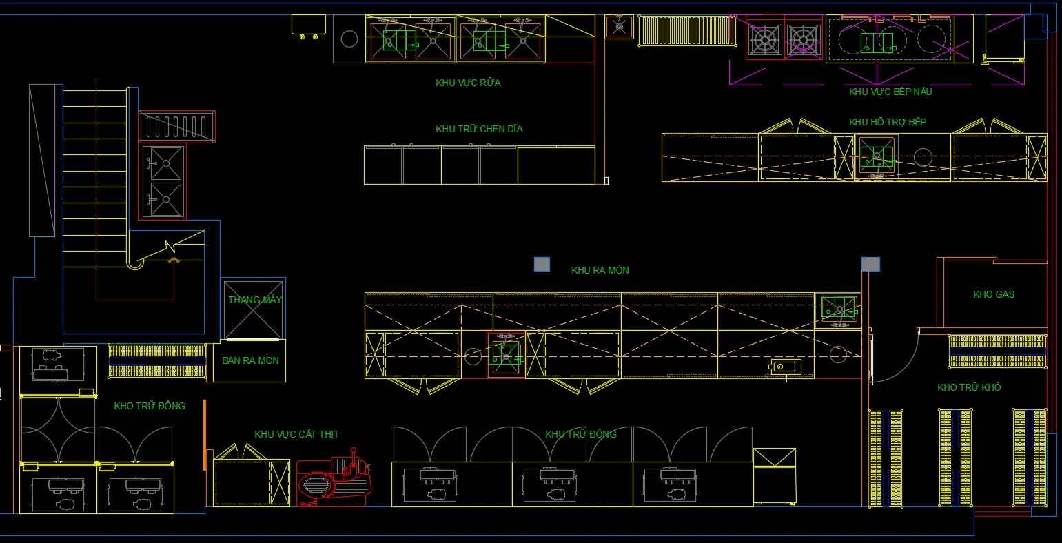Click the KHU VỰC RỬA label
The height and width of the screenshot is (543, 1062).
tap(468, 83)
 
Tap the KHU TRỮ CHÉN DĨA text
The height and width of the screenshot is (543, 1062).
tap(479, 129)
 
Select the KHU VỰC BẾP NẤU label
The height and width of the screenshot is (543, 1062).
tap(890, 92)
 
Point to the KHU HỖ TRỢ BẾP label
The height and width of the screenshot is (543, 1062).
tap(888, 122)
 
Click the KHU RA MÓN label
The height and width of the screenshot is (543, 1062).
tap(600, 270)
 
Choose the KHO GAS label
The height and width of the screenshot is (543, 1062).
tap(994, 294)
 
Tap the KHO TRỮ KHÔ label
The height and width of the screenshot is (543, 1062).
tap(969, 387)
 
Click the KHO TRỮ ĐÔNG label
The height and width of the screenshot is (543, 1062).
tap(150, 406)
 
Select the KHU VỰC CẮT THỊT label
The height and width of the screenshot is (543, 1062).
tap(296, 434)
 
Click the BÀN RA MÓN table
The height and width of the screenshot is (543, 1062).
tap(249, 361)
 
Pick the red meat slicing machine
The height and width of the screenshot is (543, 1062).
tap(334, 478)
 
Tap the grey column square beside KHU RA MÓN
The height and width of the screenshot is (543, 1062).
tap(542, 264)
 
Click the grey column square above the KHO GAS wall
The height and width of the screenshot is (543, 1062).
tap(870, 264)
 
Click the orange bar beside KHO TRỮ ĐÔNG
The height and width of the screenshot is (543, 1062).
tap(205, 435)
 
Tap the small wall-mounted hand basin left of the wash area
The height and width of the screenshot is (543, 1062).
tap(309, 27)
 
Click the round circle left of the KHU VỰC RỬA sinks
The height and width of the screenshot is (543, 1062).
tap(349, 39)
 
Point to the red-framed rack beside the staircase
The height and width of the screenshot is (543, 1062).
tap(177, 127)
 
